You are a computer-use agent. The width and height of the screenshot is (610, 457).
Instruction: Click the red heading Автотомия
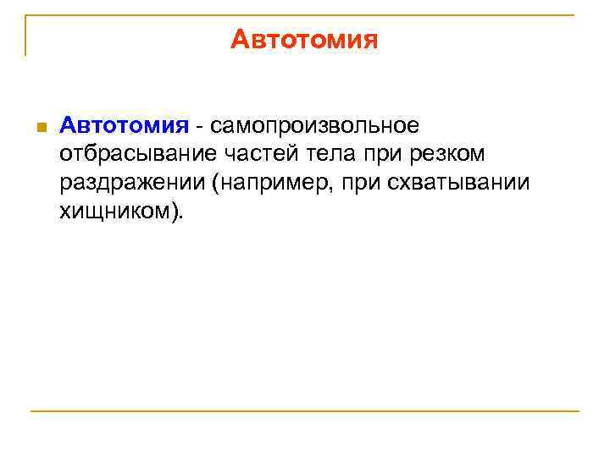coord(303,40)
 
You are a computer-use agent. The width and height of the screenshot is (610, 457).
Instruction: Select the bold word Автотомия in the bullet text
coord(123,126)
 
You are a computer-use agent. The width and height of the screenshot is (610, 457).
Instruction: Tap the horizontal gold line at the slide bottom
coord(305,411)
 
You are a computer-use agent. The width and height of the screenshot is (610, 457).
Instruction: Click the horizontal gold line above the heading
coord(305,14)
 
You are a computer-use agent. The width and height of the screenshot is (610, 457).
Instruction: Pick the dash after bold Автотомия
coord(199,127)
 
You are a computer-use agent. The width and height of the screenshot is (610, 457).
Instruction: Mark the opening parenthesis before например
coord(218,183)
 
